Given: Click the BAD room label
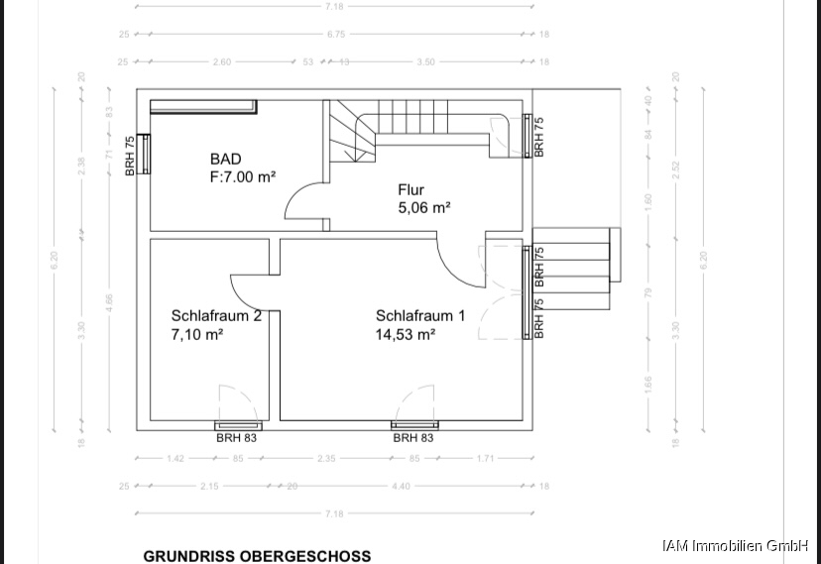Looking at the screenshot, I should (225, 159).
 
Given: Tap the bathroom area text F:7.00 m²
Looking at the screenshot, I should (242, 176).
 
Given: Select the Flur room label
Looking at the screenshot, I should (411, 189).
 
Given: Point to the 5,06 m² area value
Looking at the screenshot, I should (424, 207).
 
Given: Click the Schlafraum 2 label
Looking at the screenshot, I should (216, 316).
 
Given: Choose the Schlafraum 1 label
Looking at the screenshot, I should (420, 316).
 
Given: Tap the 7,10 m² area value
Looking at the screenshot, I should (196, 335).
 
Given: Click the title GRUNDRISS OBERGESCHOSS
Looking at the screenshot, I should (257, 556).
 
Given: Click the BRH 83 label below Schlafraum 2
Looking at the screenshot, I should (236, 437).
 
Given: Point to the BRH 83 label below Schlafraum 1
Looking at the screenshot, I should (413, 437).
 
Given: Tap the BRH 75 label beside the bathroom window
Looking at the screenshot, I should (130, 156).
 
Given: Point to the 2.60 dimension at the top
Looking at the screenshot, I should (222, 61).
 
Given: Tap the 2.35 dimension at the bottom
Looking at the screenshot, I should (326, 458).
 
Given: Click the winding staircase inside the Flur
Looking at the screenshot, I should (352, 134).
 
